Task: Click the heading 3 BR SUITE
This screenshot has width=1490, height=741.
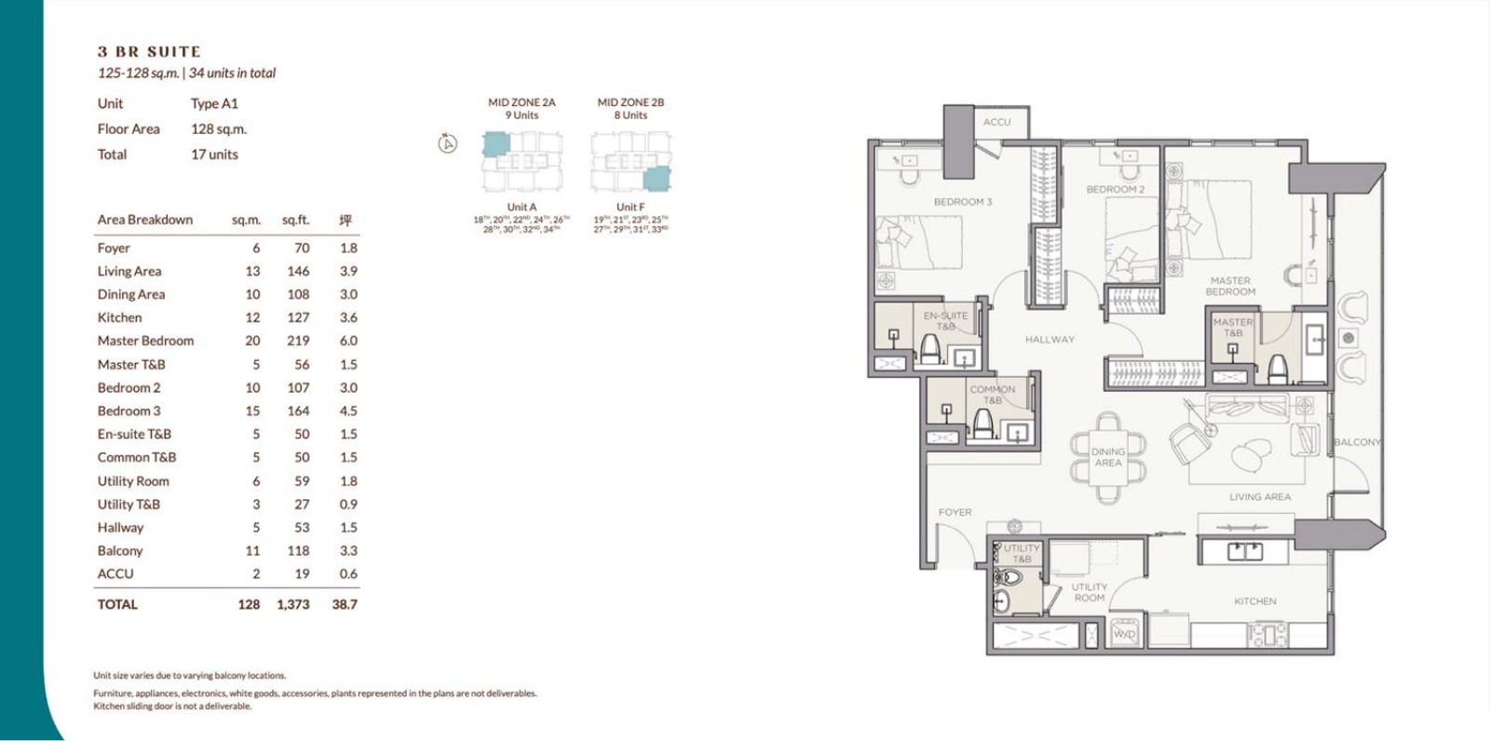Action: pos(149,52)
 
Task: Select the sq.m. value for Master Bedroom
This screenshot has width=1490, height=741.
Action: pos(252,341)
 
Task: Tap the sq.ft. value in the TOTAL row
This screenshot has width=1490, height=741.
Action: pos(292,604)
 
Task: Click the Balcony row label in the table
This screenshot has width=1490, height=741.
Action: pos(120,551)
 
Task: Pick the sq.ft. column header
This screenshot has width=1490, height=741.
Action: pos(295,221)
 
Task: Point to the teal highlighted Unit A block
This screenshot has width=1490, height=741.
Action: pos(495,144)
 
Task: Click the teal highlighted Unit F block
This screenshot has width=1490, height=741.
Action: pos(657,179)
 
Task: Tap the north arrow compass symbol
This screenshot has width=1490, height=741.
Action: pos(448,143)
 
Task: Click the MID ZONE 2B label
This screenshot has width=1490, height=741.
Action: pos(630,102)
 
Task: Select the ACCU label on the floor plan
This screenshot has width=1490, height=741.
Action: pos(996,122)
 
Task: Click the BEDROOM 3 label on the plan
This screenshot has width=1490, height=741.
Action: pos(963,202)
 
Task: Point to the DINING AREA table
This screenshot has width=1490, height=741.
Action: pos(1108,457)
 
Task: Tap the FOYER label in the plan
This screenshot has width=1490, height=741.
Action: pos(955,513)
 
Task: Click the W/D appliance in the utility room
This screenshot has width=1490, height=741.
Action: pos(1125,633)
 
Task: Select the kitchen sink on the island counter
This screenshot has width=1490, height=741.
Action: pos(1245,552)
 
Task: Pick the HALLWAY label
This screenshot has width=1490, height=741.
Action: pos(1050,340)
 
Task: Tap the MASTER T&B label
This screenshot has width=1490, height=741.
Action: pos(1232,328)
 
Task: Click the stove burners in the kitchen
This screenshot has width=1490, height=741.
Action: pos(1266,635)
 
